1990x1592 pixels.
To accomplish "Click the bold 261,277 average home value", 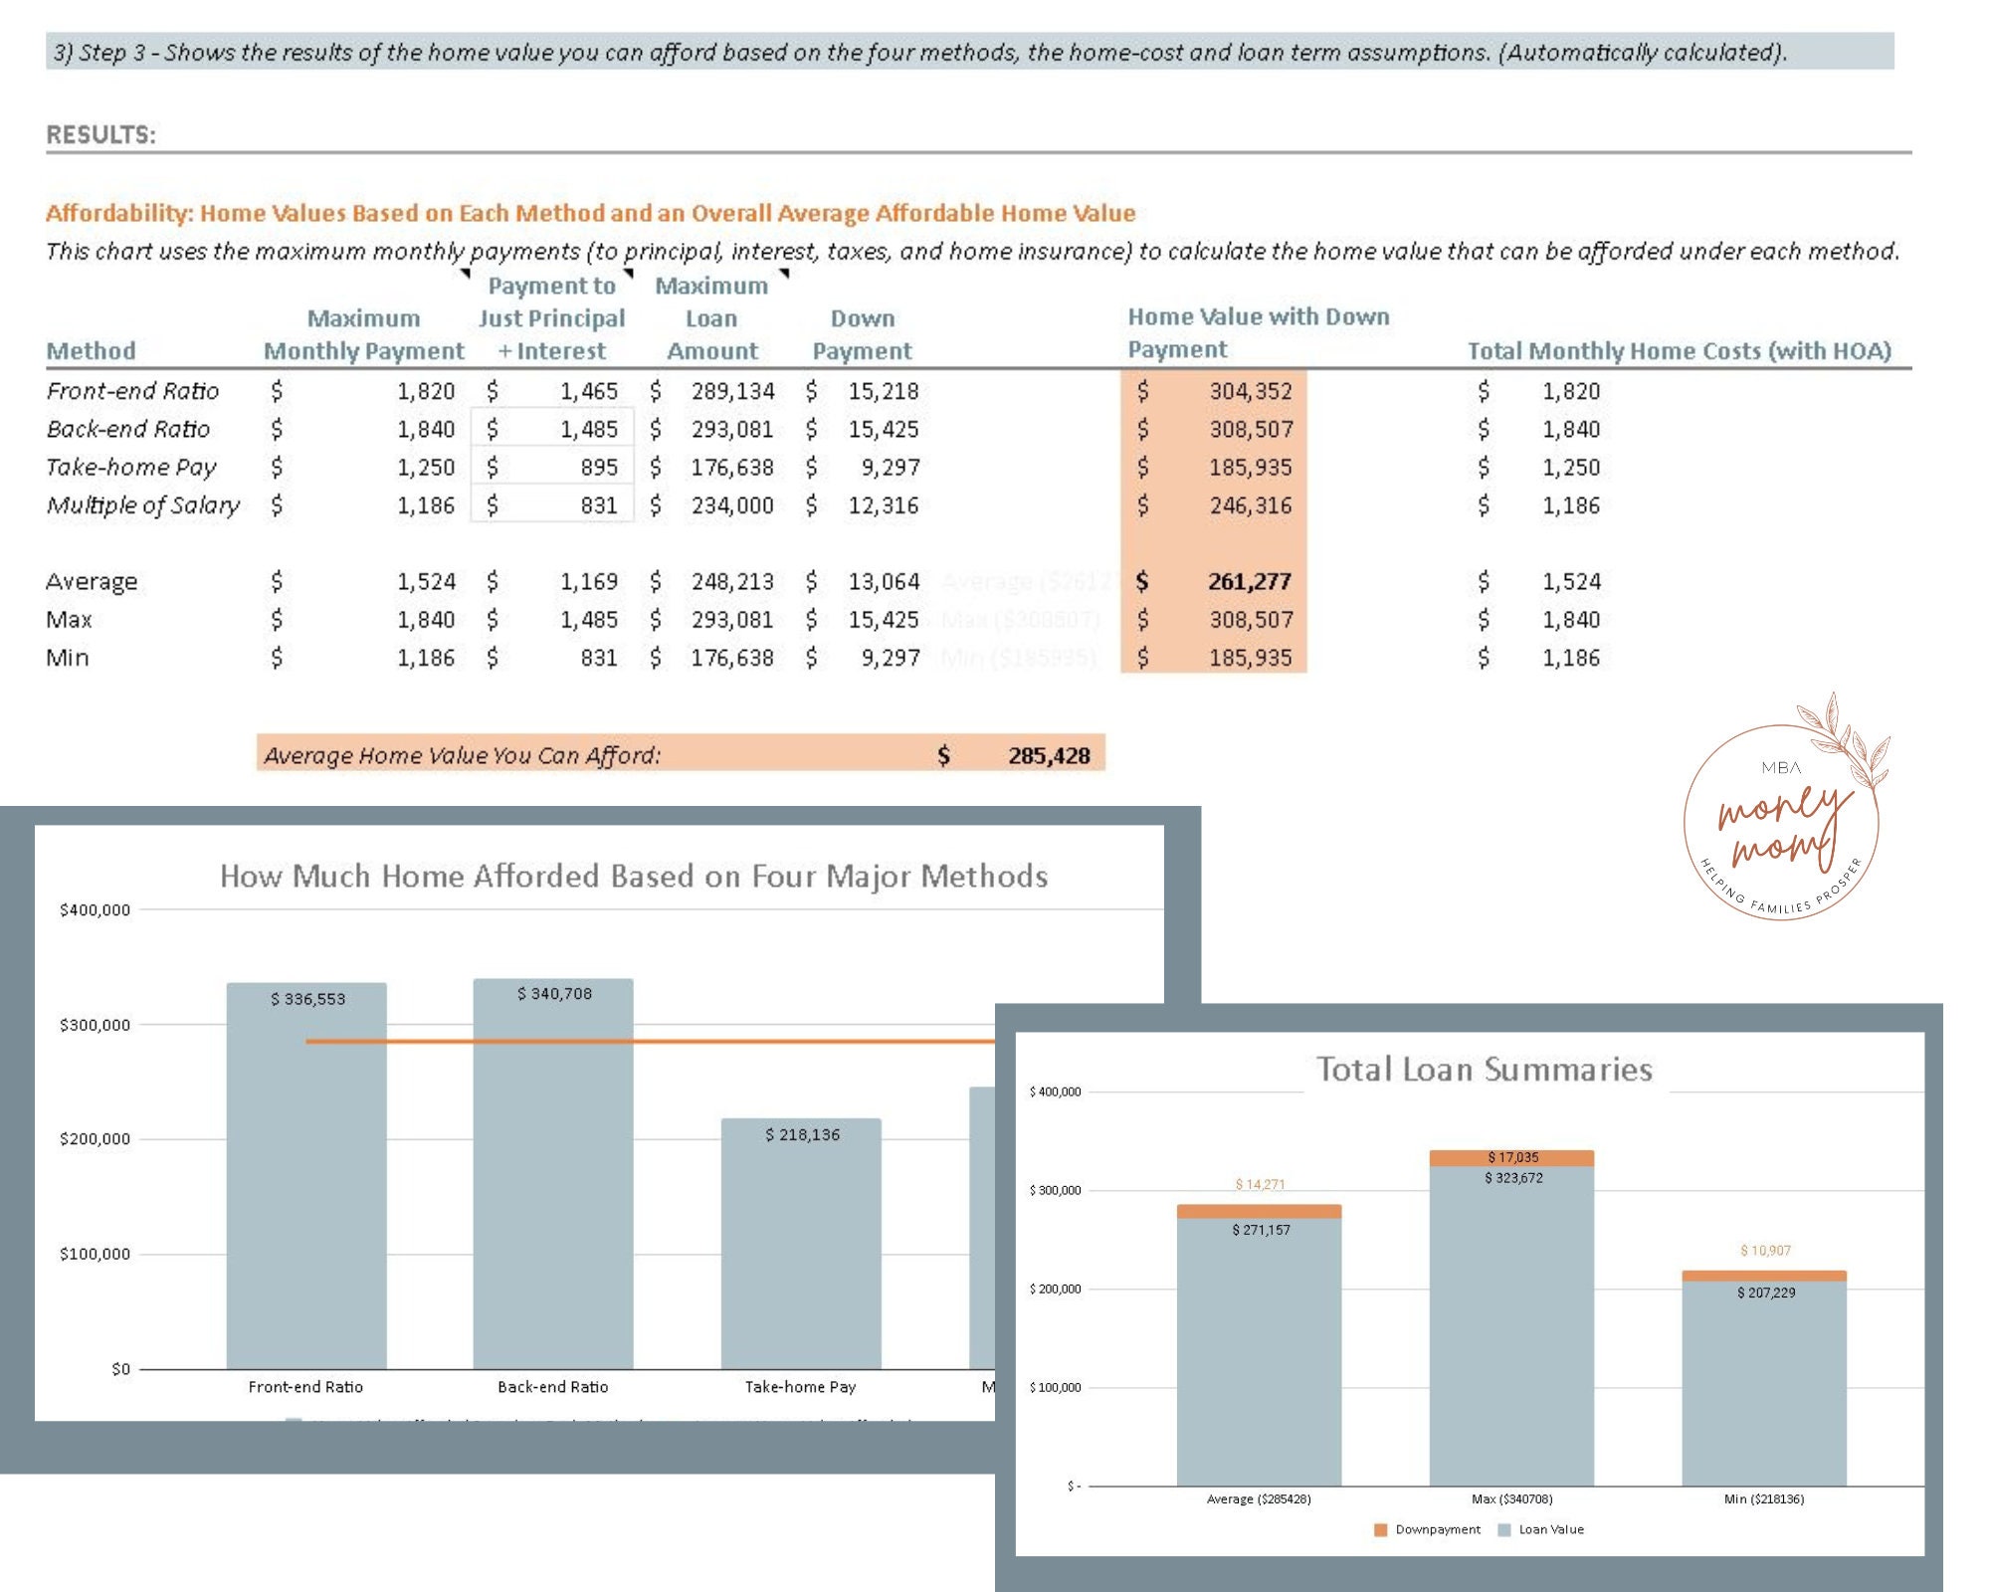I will click(x=1249, y=581).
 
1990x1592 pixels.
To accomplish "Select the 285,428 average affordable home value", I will click(x=1049, y=755).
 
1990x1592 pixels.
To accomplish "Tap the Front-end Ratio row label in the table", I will click(x=132, y=391).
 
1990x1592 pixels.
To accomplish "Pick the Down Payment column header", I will click(x=862, y=334).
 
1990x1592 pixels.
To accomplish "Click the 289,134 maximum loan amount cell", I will click(x=732, y=391).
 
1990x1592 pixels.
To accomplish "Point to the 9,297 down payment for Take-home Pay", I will click(x=890, y=467).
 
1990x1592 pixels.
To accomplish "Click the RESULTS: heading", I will click(x=100, y=134).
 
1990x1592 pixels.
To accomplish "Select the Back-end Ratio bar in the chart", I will click(x=553, y=1174).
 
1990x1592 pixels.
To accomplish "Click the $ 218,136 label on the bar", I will click(x=802, y=1134).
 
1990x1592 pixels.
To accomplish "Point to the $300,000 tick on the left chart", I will click(x=95, y=1025).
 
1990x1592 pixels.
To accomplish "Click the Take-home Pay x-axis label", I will click(x=800, y=1387).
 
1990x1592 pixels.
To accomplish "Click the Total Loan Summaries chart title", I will click(x=1485, y=1070).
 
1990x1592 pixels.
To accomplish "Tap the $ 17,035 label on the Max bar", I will click(x=1512, y=1157).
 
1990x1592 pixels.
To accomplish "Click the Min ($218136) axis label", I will click(x=1763, y=1498).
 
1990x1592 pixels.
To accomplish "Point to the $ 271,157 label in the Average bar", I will click(x=1261, y=1230).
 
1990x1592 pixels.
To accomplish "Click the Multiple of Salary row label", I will click(x=143, y=505).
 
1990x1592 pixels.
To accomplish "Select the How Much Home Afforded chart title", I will click(x=634, y=877).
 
